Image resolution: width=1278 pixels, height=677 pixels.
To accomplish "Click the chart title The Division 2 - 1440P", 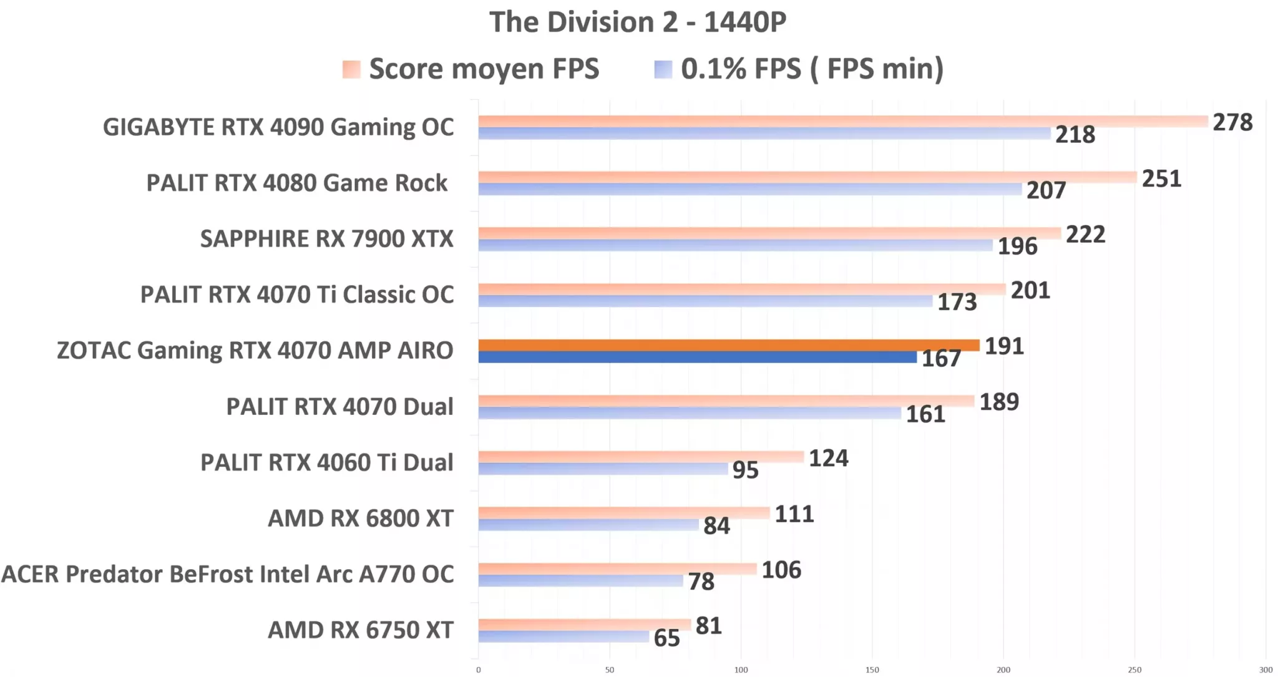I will (637, 22).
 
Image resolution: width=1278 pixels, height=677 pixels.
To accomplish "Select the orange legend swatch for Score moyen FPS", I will (351, 69).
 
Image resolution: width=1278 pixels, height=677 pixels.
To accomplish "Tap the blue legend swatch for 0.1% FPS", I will (663, 69).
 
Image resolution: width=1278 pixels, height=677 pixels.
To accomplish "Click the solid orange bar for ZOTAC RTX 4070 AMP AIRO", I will (728, 345).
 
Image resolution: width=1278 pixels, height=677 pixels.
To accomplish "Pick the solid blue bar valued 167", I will (697, 358).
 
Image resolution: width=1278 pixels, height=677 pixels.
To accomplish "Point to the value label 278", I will (1232, 122).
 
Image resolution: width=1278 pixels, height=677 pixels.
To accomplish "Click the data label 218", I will (1075, 135).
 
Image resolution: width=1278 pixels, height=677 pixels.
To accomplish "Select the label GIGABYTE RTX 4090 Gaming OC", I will (278, 127).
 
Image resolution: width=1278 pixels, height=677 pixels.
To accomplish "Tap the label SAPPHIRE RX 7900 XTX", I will (326, 239).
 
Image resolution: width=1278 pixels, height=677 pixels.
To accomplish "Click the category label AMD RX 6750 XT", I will (360, 630).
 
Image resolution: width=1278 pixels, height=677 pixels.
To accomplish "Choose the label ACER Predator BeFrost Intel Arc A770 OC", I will (227, 574).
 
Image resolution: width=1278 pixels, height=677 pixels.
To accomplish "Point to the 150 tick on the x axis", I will (872, 670).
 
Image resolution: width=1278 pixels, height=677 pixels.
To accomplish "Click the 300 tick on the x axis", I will (1266, 670).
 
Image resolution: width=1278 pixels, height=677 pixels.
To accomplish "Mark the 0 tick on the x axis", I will (479, 670).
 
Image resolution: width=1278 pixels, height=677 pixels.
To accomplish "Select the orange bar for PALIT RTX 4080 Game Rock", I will (807, 177).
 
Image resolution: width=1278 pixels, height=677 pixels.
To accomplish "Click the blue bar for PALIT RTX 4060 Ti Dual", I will (603, 469).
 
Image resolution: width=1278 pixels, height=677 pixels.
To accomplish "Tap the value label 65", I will (666, 638).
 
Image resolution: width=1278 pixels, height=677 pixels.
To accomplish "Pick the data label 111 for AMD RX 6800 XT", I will (794, 514).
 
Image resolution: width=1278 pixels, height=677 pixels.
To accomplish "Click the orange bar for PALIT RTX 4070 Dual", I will (726, 401).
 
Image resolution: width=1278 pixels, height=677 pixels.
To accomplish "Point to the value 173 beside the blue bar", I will (957, 303).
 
